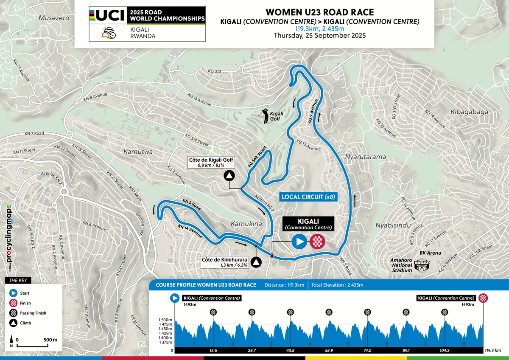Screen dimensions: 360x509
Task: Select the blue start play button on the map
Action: (299, 242)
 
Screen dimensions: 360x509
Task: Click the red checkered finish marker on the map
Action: (317, 242)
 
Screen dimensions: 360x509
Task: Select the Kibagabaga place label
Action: (470, 112)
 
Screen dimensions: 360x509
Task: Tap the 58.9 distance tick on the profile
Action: (328, 350)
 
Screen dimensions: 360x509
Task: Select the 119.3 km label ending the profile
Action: (492, 351)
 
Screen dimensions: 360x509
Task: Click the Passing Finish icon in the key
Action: (14, 313)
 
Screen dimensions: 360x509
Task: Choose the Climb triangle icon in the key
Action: (14, 323)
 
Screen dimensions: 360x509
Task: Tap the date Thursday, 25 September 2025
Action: (319, 36)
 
